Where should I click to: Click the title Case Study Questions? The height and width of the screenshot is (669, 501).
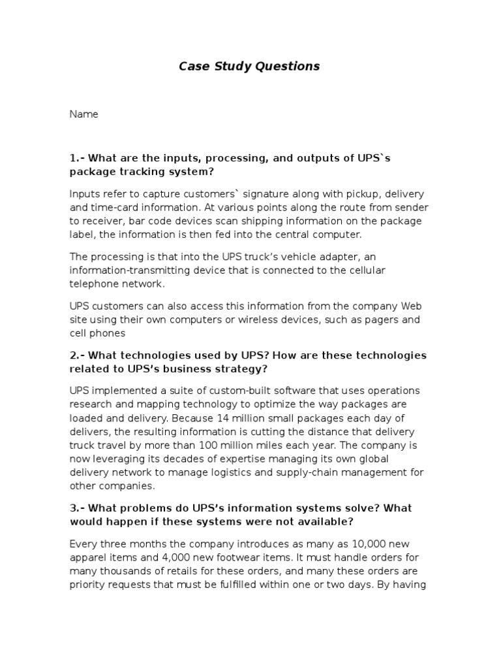(x=250, y=66)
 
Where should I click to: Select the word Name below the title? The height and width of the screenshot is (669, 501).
(x=83, y=114)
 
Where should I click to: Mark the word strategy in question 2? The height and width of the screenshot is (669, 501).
(x=238, y=369)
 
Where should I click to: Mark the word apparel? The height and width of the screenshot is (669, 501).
(x=89, y=557)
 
